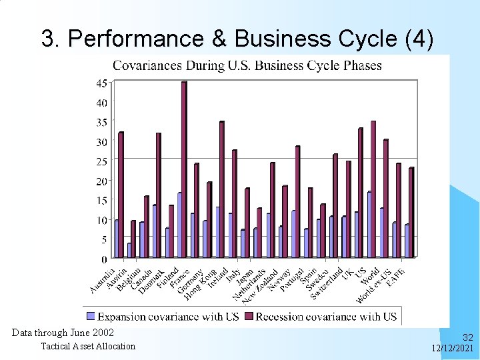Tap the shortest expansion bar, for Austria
coord(129,250)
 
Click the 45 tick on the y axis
coord(103,83)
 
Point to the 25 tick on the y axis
coord(103,161)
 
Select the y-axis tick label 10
coord(103,220)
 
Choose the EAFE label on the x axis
coord(396,275)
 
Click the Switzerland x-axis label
coord(327,283)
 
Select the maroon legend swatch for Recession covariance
coord(249,316)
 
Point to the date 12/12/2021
coord(453,349)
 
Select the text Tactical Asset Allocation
coord(88,346)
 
